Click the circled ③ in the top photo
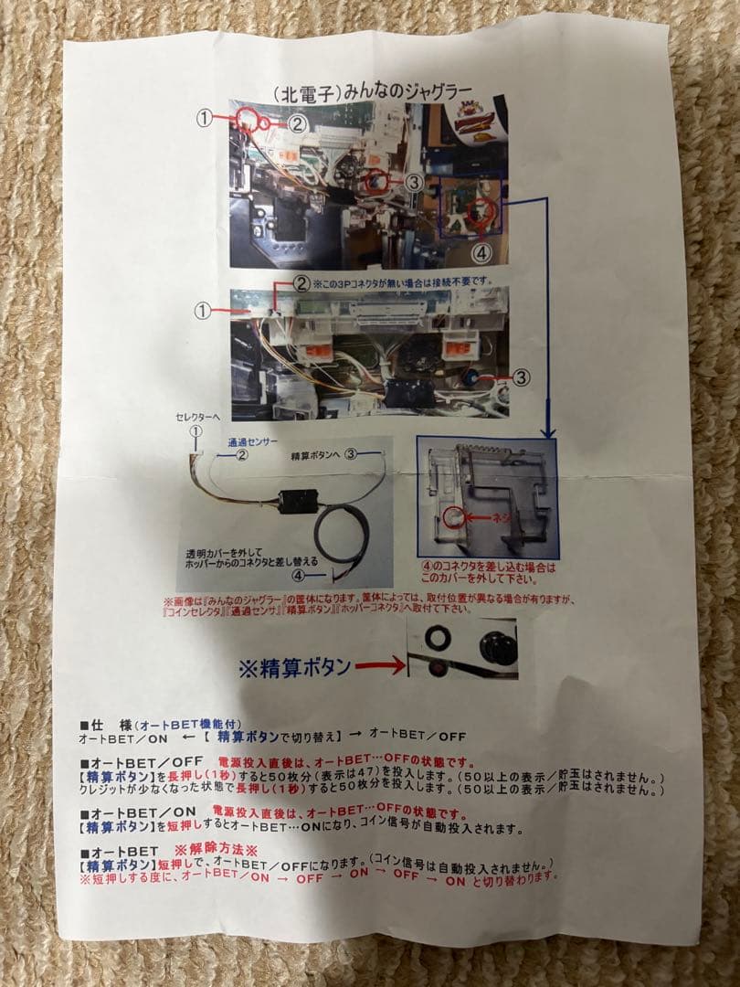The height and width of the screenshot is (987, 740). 414,183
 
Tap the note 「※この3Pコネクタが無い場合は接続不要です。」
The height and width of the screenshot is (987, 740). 407,281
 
